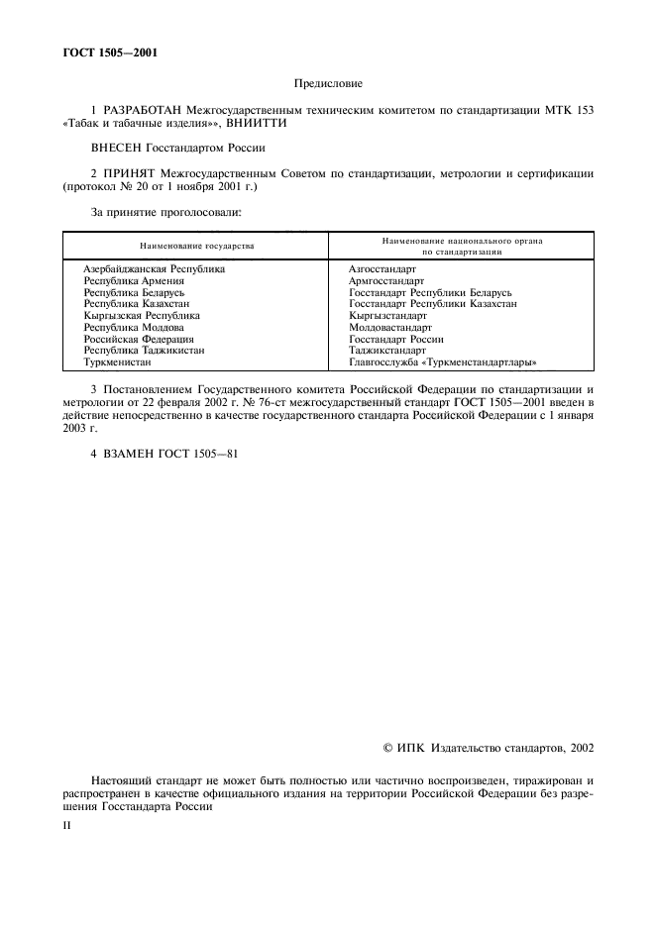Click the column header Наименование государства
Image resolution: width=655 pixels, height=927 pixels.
click(195, 245)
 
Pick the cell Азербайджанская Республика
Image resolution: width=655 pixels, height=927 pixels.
click(154, 268)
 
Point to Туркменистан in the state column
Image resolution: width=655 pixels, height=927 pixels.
click(117, 362)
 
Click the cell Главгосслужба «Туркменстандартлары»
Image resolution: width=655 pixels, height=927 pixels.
click(436, 362)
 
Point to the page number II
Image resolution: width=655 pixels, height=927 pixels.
click(65, 822)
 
